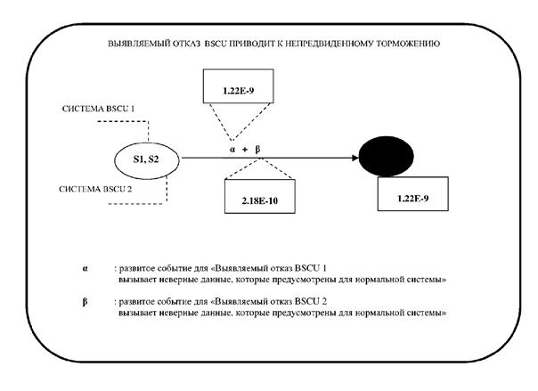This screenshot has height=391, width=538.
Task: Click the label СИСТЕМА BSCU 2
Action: coord(97,189)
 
